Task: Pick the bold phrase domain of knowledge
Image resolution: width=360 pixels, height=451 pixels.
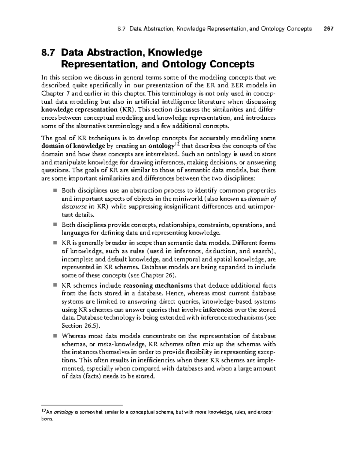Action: pos(73,146)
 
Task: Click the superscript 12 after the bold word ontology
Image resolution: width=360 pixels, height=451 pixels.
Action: pos(177,145)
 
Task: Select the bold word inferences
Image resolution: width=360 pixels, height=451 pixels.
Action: pos(217,310)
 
